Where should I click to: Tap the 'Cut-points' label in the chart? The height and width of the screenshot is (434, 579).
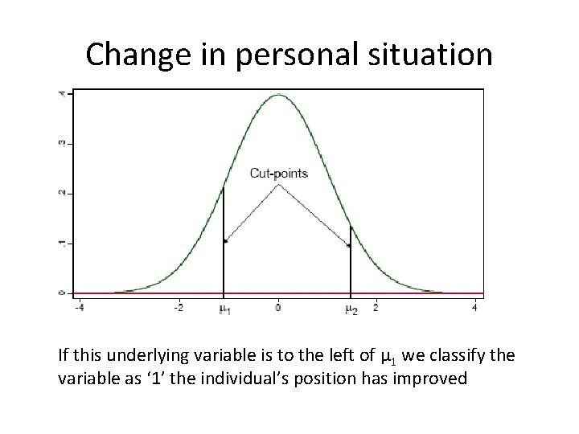pos(278,173)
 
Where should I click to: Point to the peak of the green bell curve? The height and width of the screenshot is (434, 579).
pos(277,95)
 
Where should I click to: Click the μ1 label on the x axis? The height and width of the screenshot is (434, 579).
pos(224,309)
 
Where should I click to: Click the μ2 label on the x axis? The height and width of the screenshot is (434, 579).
pos(351,309)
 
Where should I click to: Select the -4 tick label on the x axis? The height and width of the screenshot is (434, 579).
pos(78,307)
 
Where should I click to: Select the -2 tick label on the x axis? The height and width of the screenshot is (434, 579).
pos(178,307)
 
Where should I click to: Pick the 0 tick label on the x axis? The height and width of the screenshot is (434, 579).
pos(277,307)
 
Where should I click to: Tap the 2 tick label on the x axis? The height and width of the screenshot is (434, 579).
pos(376,307)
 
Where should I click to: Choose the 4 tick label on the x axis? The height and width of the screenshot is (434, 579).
pos(474,307)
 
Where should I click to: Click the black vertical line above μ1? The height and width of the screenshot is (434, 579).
pos(224,241)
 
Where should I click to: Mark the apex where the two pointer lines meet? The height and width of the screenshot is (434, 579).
pos(278,185)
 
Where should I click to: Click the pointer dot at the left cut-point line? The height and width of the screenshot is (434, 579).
pos(227,240)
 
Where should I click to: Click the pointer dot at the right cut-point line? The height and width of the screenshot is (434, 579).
pos(348,246)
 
